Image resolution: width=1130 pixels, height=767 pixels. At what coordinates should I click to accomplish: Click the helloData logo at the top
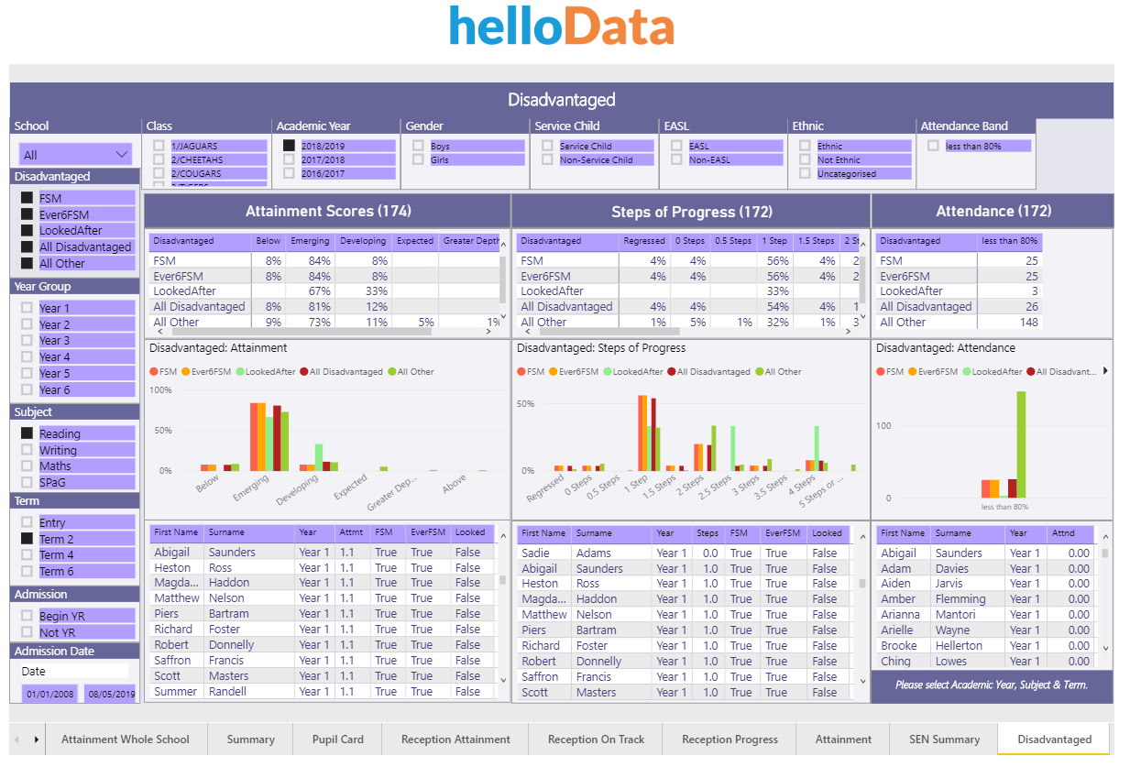[561, 27]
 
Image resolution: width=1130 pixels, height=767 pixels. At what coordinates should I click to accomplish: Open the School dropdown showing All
[76, 155]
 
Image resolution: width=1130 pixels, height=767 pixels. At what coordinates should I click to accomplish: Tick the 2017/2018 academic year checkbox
[289, 159]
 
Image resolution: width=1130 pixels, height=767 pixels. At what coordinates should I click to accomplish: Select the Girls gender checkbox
[418, 159]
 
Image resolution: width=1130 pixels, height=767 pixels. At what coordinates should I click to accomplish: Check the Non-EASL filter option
[676, 159]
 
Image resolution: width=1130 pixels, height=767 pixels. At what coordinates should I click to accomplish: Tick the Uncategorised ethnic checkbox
[805, 173]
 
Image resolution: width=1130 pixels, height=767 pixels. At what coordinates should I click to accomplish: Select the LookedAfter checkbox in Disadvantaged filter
[27, 231]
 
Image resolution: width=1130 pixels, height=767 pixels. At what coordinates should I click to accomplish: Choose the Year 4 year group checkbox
[27, 357]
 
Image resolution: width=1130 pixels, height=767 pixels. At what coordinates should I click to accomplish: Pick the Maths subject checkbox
[27, 466]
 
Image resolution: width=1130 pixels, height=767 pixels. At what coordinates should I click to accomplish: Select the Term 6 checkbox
[27, 572]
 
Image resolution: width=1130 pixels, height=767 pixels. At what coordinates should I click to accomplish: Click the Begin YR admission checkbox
[27, 617]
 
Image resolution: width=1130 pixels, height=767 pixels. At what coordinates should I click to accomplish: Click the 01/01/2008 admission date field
[49, 695]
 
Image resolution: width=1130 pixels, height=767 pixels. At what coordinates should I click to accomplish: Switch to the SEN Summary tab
[944, 740]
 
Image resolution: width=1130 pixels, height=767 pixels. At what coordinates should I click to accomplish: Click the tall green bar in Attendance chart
[1021, 444]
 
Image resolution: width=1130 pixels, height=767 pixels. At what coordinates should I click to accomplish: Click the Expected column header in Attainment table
[414, 242]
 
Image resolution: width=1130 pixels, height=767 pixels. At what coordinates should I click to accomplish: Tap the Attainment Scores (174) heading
[326, 212]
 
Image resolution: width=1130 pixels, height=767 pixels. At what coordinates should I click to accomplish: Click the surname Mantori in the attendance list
[955, 615]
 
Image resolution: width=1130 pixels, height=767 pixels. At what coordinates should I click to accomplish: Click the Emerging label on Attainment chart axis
[251, 484]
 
